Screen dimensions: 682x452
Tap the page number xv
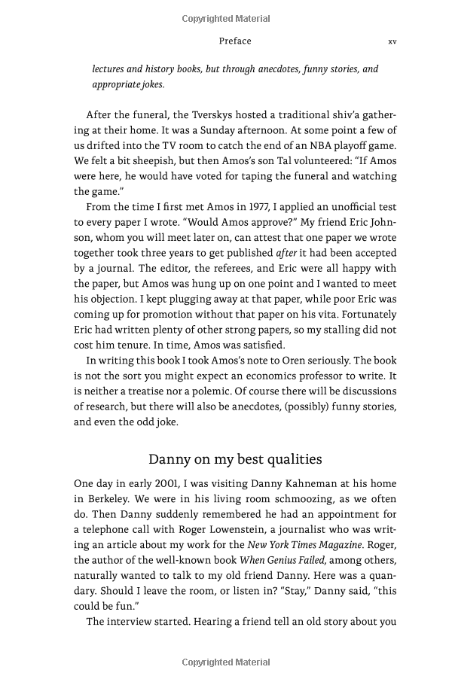click(x=392, y=41)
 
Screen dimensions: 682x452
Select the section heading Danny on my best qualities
click(x=235, y=459)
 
